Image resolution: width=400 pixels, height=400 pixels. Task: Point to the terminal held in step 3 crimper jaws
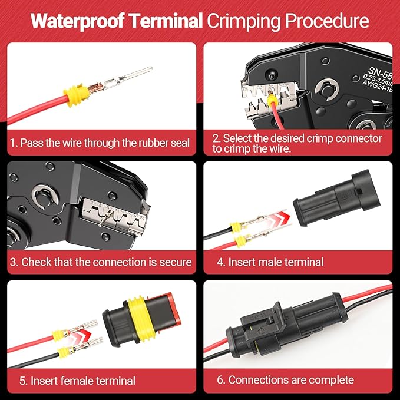[101, 219]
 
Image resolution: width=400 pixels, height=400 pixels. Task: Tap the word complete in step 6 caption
[326, 380]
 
